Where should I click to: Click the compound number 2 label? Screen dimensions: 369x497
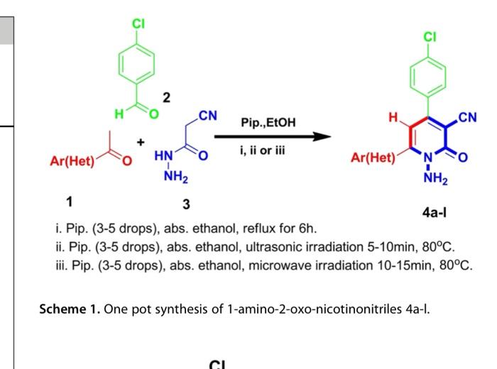tap(166, 98)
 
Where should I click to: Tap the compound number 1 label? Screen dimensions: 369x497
tap(69, 201)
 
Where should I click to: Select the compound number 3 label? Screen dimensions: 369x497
tap(186, 204)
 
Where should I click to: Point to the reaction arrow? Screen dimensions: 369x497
tap(273, 136)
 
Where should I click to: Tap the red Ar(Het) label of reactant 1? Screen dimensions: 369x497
tap(72, 161)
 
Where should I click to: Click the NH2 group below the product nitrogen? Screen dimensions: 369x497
tap(432, 179)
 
